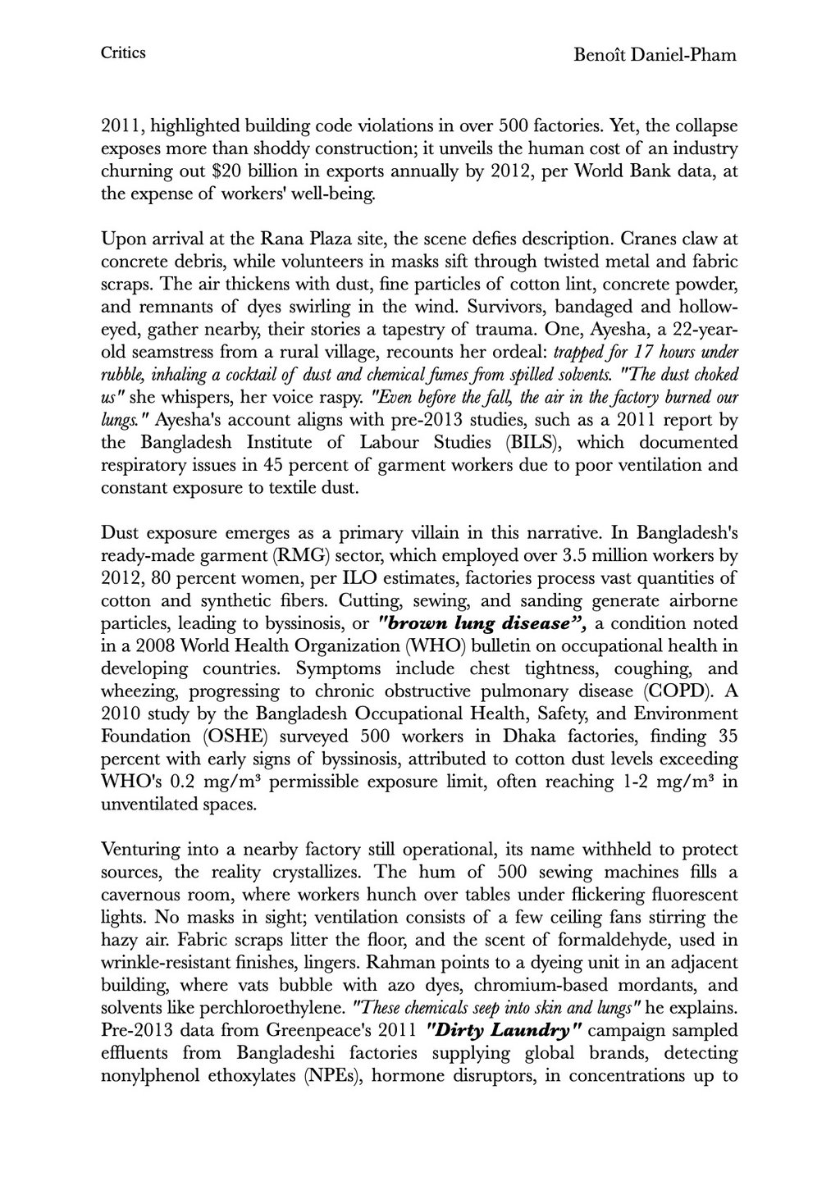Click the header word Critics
click(x=123, y=53)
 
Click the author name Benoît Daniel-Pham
click(x=655, y=55)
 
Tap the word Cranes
click(x=649, y=240)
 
